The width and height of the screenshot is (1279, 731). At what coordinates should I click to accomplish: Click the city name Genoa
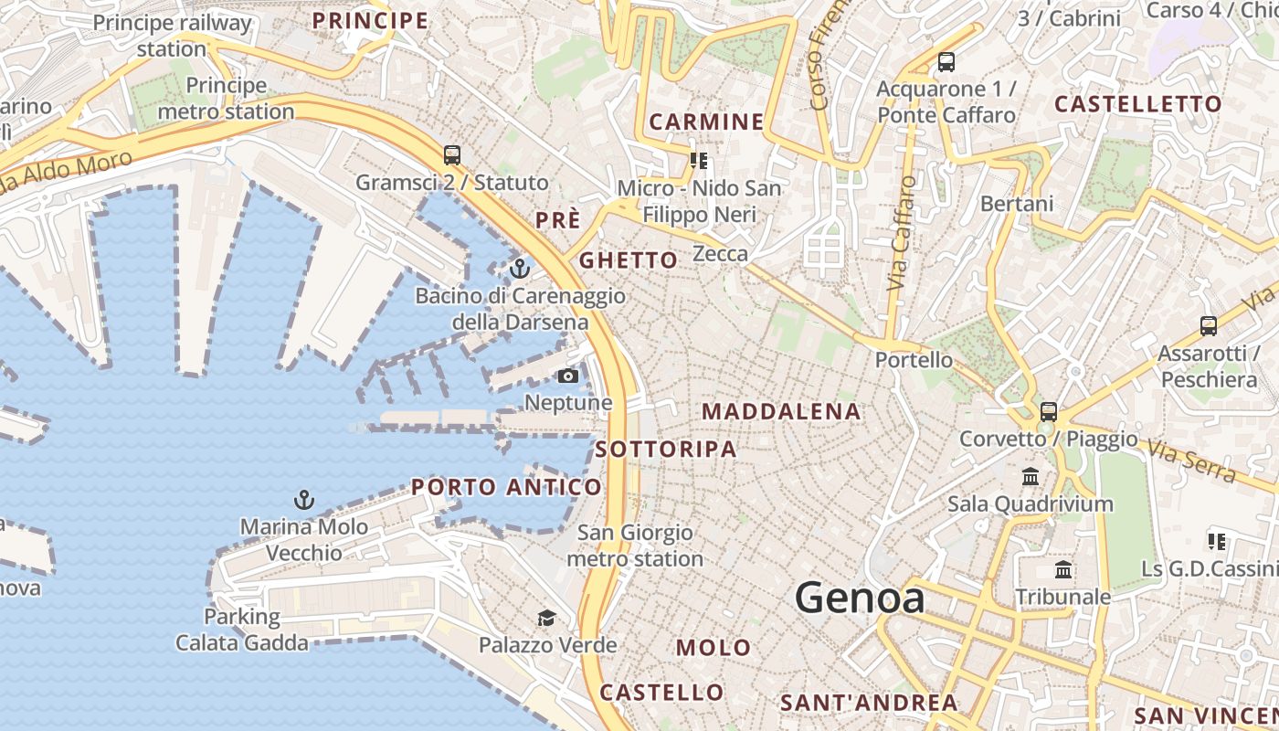click(x=859, y=599)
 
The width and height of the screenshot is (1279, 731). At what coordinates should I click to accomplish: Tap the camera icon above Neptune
click(x=568, y=376)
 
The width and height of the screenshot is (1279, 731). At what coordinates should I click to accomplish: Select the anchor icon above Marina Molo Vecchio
click(x=304, y=500)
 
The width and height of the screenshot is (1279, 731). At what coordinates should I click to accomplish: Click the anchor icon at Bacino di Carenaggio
click(x=520, y=269)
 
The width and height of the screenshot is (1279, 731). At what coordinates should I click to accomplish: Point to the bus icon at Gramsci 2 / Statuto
click(x=452, y=154)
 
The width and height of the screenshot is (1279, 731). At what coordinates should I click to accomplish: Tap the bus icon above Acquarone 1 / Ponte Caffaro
click(x=946, y=62)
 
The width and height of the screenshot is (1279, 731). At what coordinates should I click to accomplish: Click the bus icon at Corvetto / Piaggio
click(x=1049, y=411)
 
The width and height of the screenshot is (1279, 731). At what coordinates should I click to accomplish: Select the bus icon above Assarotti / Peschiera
click(x=1209, y=325)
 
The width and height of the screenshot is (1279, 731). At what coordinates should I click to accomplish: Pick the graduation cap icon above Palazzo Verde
click(x=546, y=619)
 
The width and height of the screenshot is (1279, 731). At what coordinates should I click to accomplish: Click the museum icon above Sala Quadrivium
click(x=1031, y=476)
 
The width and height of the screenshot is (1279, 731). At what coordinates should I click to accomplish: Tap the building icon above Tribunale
click(x=1063, y=570)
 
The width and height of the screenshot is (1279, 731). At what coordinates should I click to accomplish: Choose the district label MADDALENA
click(x=781, y=412)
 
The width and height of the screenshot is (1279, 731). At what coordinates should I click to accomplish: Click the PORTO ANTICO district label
click(x=506, y=487)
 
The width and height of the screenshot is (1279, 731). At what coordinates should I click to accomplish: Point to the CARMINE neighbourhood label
click(x=706, y=122)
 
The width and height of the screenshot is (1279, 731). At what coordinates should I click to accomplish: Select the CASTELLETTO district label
click(x=1138, y=104)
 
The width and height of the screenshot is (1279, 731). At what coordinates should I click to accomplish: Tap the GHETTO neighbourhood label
click(x=629, y=260)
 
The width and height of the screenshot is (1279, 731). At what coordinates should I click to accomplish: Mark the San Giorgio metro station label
click(x=636, y=546)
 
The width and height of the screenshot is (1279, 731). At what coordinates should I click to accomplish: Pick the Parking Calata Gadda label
click(x=242, y=630)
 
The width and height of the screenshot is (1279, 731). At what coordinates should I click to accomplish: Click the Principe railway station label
click(x=172, y=36)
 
